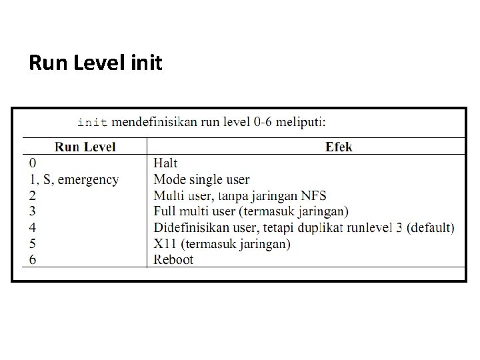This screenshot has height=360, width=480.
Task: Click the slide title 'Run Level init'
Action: [x=95, y=64]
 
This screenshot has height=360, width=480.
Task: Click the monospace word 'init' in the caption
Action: [x=92, y=122]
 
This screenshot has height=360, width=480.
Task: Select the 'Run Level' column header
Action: [x=85, y=147]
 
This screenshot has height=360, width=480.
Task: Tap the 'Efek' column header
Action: [x=339, y=147]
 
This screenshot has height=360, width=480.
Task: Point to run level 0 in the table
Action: [x=33, y=163]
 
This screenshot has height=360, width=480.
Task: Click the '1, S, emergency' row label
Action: [x=74, y=179]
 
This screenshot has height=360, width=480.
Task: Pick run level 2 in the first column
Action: [x=33, y=195]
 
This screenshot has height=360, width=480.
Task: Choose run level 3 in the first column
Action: [x=33, y=211]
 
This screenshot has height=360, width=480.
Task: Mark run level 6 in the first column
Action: [x=33, y=260]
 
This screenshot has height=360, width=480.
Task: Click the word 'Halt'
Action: [x=165, y=163]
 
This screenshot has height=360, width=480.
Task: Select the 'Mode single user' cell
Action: [x=201, y=179]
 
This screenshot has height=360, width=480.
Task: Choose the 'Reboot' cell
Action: [x=173, y=260]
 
